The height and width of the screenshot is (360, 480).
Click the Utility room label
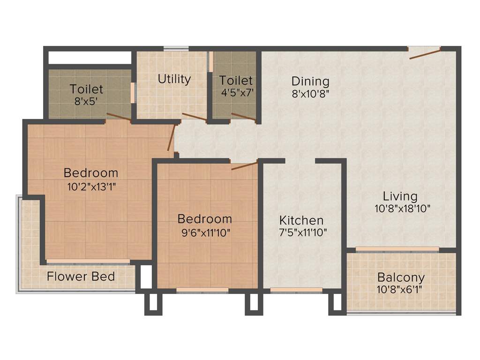[x=174, y=79]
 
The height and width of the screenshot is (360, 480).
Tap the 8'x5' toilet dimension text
[x=86, y=100]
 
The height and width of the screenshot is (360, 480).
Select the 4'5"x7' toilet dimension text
[x=237, y=92]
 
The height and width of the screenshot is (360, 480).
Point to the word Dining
[x=310, y=81]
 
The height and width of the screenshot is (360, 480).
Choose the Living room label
[x=400, y=196]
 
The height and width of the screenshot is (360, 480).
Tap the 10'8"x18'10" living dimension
[x=402, y=209]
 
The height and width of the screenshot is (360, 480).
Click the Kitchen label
[x=301, y=220]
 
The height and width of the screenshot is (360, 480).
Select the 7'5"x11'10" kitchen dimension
[x=302, y=232]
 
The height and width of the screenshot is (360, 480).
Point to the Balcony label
[x=401, y=277]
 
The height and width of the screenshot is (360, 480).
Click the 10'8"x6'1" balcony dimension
[x=400, y=289]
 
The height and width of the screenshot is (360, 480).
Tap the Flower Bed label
[x=81, y=276]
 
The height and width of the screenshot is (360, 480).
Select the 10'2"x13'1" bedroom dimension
[x=91, y=186]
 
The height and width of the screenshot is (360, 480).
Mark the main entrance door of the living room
[x=424, y=52]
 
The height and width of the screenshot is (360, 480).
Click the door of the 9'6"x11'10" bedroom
[x=244, y=165]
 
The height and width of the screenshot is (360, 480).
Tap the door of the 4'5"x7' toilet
[x=243, y=117]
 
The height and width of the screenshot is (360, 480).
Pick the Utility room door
[x=194, y=117]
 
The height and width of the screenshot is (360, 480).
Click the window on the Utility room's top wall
[x=176, y=48]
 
